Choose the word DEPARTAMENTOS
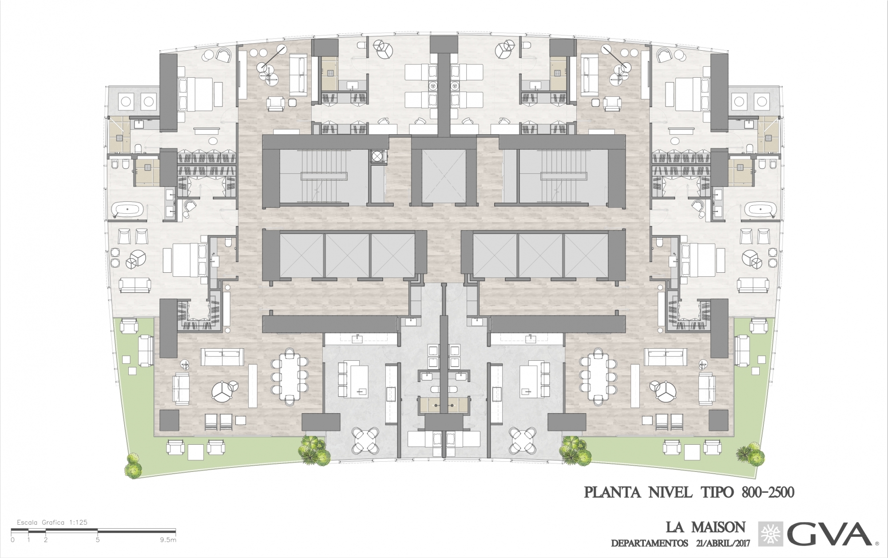click(x=650, y=543)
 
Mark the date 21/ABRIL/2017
click(x=723, y=543)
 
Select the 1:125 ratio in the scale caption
click(x=78, y=522)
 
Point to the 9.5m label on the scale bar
click(x=169, y=540)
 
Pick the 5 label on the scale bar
click(x=98, y=540)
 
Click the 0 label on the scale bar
click(x=12, y=540)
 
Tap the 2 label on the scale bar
click(x=46, y=540)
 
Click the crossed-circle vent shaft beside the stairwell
click(x=377, y=156)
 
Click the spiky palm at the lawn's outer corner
click(x=750, y=454)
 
